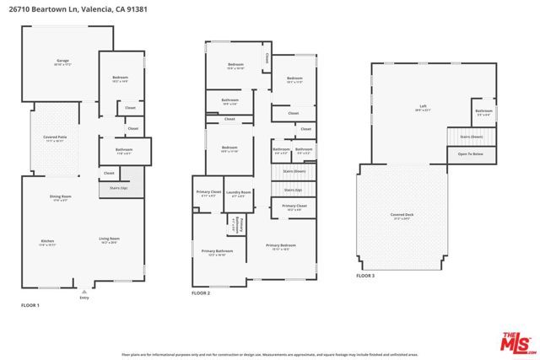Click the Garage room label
pyautogui.click(x=62, y=61)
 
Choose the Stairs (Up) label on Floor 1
pyautogui.click(x=118, y=188)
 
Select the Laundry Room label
pyautogui.click(x=240, y=193)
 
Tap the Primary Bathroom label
pyautogui.click(x=217, y=251)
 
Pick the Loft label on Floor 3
pyautogui.click(x=423, y=107)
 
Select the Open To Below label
pyautogui.click(x=470, y=154)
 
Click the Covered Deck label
pyautogui.click(x=402, y=216)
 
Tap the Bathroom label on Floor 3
pyautogui.click(x=483, y=111)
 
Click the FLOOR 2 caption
pyautogui.click(x=201, y=293)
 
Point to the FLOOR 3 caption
pyautogui.click(x=364, y=276)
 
